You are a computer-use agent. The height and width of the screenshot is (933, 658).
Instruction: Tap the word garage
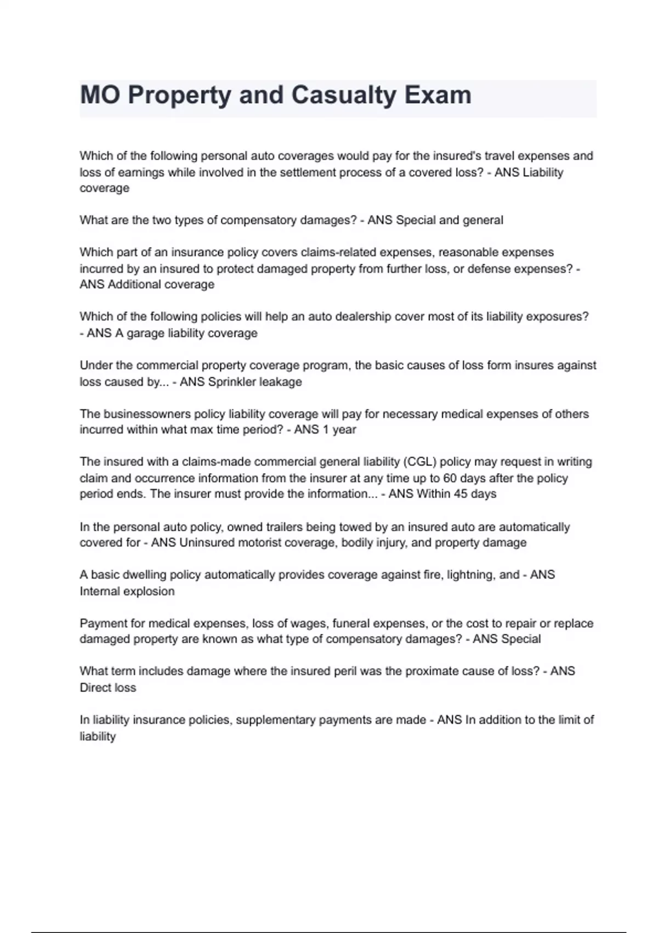click(x=145, y=333)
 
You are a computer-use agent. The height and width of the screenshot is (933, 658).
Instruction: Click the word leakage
click(x=280, y=382)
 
